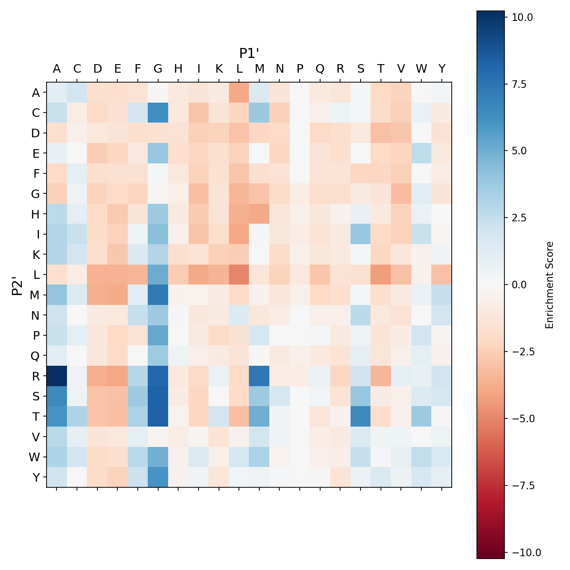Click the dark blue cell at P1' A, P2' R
pos(57,376)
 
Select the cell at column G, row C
pos(158,113)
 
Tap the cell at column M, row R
pos(259,376)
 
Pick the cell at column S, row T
pos(361,416)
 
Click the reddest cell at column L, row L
pos(239,275)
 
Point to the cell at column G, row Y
pos(158,477)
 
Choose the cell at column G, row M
pos(158,295)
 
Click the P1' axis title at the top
pos(249,53)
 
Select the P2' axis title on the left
pos(17,285)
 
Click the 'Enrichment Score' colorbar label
pos(550,285)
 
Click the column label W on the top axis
pos(421,69)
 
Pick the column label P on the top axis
pos(300,69)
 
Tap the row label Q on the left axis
pos(35,356)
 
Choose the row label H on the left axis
pos(35,214)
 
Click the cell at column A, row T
pos(57,416)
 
